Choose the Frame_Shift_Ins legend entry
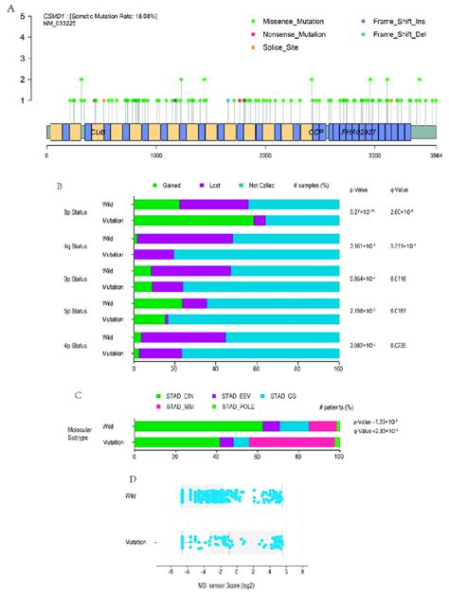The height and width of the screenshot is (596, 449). (394, 21)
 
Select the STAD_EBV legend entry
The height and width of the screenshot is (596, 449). (230, 394)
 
